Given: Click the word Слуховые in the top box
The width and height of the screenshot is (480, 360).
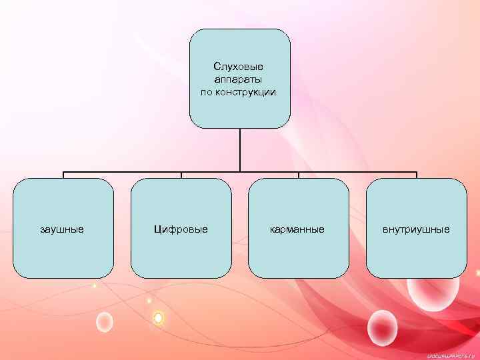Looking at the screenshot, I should click(239, 67).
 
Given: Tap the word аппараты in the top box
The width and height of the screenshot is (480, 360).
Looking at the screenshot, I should click(239, 79).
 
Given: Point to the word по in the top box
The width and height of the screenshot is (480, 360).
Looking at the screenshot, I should click(207, 92).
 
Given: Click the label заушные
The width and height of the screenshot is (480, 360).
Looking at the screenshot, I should click(62, 229).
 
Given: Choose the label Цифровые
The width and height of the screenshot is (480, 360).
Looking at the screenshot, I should click(181, 229).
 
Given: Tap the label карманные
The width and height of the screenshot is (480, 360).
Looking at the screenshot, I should click(298, 229).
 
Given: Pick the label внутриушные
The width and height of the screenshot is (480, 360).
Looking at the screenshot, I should click(416, 229).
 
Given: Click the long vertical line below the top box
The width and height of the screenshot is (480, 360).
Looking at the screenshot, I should click(240, 150).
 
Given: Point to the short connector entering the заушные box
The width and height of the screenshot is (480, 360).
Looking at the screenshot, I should click(63, 175).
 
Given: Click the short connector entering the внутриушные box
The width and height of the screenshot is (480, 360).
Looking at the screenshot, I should click(417, 175).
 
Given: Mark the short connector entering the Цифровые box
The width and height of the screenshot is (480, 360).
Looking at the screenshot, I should click(181, 175).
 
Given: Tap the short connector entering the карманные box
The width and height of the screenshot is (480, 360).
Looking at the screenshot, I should click(299, 175).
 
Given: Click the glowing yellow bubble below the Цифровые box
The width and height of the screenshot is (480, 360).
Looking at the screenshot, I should click(158, 319).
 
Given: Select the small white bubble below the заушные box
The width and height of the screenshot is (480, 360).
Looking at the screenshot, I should click(104, 322).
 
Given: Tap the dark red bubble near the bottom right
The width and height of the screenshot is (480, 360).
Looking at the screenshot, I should click(382, 327).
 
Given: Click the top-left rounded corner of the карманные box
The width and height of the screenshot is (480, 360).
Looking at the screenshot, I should click(253, 183).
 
